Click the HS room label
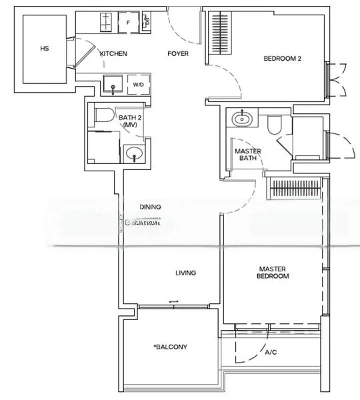click(45, 49)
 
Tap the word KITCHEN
click(113, 54)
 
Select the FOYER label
click(177, 54)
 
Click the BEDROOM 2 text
click(283, 59)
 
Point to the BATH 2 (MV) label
click(131, 121)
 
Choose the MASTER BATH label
click(248, 155)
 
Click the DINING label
click(150, 207)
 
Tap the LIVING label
click(185, 272)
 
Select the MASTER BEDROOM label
click(273, 272)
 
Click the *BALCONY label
click(170, 347)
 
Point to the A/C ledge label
click(271, 352)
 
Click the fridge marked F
click(128, 22)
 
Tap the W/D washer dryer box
click(138, 85)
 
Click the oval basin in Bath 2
click(135, 153)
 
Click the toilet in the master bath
click(274, 124)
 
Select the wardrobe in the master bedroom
click(293, 189)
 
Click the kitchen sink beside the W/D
click(113, 85)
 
